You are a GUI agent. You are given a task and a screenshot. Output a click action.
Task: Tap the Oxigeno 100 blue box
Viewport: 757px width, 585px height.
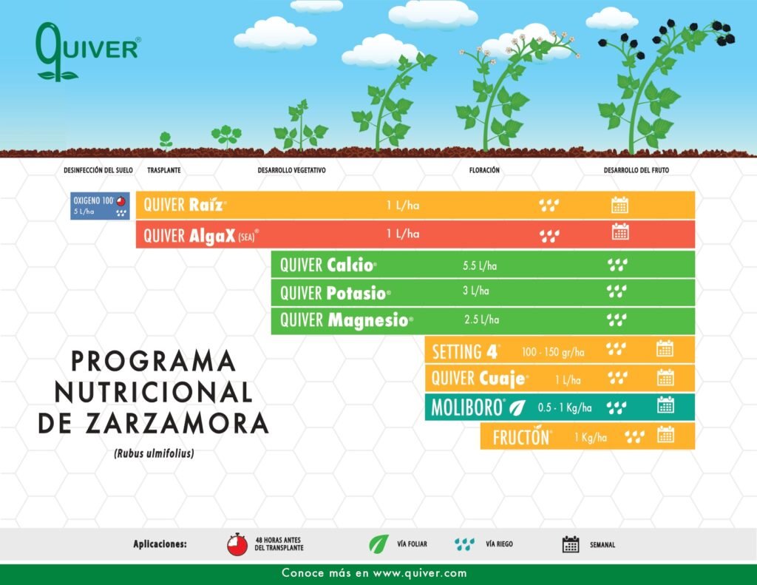click(x=100, y=206)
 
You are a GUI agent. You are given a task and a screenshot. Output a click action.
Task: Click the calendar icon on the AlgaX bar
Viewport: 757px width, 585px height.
click(x=620, y=232)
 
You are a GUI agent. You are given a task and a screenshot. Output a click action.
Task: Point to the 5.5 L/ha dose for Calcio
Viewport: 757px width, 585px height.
click(x=479, y=266)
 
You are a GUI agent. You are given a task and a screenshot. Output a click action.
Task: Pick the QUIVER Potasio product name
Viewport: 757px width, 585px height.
click(x=335, y=293)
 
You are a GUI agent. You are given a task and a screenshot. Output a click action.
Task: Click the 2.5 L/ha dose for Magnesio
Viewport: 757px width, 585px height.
click(x=481, y=319)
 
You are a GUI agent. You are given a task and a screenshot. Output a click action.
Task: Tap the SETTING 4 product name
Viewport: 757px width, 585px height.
click(x=466, y=352)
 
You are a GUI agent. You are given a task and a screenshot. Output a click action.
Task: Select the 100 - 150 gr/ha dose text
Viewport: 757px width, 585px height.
click(x=553, y=352)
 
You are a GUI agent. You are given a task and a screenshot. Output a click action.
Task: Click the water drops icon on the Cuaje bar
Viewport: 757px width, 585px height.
click(x=617, y=377)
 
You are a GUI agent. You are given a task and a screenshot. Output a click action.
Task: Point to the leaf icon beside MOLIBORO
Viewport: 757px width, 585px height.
click(x=517, y=408)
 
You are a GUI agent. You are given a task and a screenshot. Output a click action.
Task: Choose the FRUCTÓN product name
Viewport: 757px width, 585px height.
click(x=521, y=437)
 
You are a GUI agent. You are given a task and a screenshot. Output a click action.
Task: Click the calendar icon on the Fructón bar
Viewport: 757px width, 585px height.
click(x=665, y=435)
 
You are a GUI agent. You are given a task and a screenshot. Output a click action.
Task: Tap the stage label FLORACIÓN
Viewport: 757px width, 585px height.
click(x=484, y=170)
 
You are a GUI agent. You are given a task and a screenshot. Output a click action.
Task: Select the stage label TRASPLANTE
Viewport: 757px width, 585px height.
click(x=163, y=170)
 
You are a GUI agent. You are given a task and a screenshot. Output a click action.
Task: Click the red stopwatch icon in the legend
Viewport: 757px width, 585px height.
click(x=237, y=544)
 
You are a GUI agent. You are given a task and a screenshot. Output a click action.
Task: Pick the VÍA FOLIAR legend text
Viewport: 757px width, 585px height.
click(x=412, y=544)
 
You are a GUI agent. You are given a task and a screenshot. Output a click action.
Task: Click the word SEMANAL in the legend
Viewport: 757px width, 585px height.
click(x=602, y=544)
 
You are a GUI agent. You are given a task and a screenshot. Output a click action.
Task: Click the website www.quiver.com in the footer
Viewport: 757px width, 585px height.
click(x=420, y=573)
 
